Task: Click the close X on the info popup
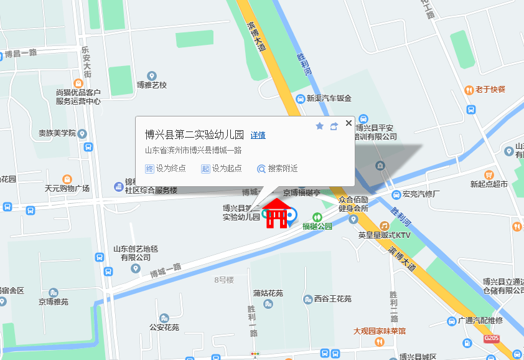tap(349, 123)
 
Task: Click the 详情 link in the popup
tap(258, 135)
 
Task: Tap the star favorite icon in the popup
tap(320, 126)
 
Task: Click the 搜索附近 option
tap(278, 168)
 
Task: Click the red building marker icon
tap(276, 214)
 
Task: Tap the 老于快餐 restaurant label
tap(490, 90)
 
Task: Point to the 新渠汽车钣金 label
tap(329, 98)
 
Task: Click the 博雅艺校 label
tap(152, 85)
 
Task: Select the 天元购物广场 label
tap(67, 188)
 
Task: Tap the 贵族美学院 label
tap(57, 133)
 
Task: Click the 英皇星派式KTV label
tap(385, 235)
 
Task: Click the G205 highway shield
tap(492, 338)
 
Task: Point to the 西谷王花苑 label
tap(332, 300)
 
